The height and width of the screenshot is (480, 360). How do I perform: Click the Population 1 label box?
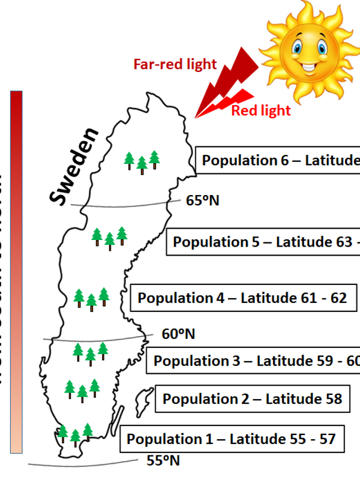click(x=231, y=439)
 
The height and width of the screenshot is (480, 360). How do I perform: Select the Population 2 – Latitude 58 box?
click(x=253, y=399)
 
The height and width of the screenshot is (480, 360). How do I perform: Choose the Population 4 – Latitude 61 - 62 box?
click(x=242, y=298)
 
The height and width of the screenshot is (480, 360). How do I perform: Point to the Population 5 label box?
click(x=264, y=242)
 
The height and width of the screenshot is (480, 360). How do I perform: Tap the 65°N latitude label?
click(x=202, y=200)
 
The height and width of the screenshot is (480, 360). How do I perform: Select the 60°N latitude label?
click(x=178, y=334)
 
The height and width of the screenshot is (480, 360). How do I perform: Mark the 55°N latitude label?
click(x=163, y=461)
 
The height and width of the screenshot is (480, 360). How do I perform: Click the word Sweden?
click(x=74, y=166)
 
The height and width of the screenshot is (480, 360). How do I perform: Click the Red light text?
click(x=260, y=110)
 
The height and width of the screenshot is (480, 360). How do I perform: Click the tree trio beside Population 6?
click(x=142, y=161)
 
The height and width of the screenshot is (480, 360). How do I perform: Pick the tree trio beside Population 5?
click(x=109, y=237)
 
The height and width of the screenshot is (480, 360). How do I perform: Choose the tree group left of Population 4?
click(x=91, y=298)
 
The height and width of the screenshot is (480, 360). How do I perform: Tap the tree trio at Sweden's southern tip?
click(x=75, y=433)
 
